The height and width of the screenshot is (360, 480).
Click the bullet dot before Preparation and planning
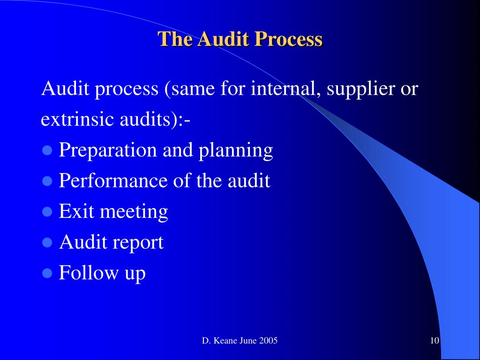pos(46,151)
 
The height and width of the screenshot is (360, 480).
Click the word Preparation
pos(108,150)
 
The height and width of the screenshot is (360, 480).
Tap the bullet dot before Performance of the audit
pos(46,181)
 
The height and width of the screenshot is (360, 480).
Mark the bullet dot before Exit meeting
pos(46,212)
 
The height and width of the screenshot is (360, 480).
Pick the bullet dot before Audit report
pos(46,243)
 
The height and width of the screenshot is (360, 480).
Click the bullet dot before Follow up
pos(46,273)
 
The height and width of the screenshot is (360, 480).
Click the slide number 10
pos(434,341)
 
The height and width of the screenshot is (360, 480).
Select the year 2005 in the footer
pos(269,341)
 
